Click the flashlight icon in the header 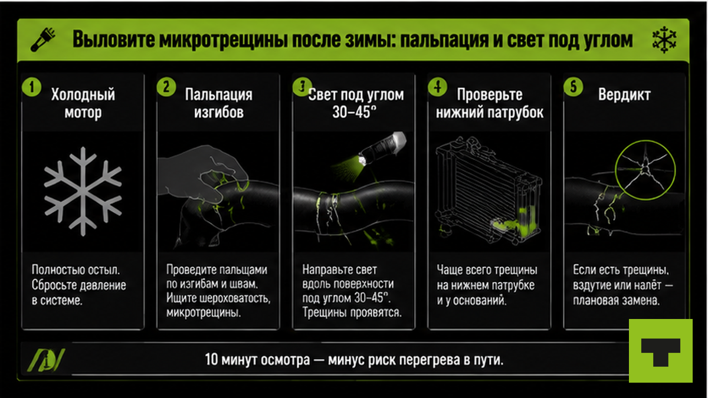tap(43, 40)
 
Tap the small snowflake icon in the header tap(664, 40)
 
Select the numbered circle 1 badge tap(32, 87)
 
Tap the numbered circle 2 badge tap(166, 87)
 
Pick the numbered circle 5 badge tap(573, 87)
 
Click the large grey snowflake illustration tap(83, 192)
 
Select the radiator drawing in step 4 tap(489, 190)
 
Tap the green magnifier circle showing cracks tap(645, 170)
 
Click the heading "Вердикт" tap(624, 94)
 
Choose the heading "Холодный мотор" tap(83, 104)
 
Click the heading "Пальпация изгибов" tap(219, 104)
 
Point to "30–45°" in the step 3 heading tap(355, 112)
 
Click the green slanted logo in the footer tap(46, 360)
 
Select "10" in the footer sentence tap(211, 360)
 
